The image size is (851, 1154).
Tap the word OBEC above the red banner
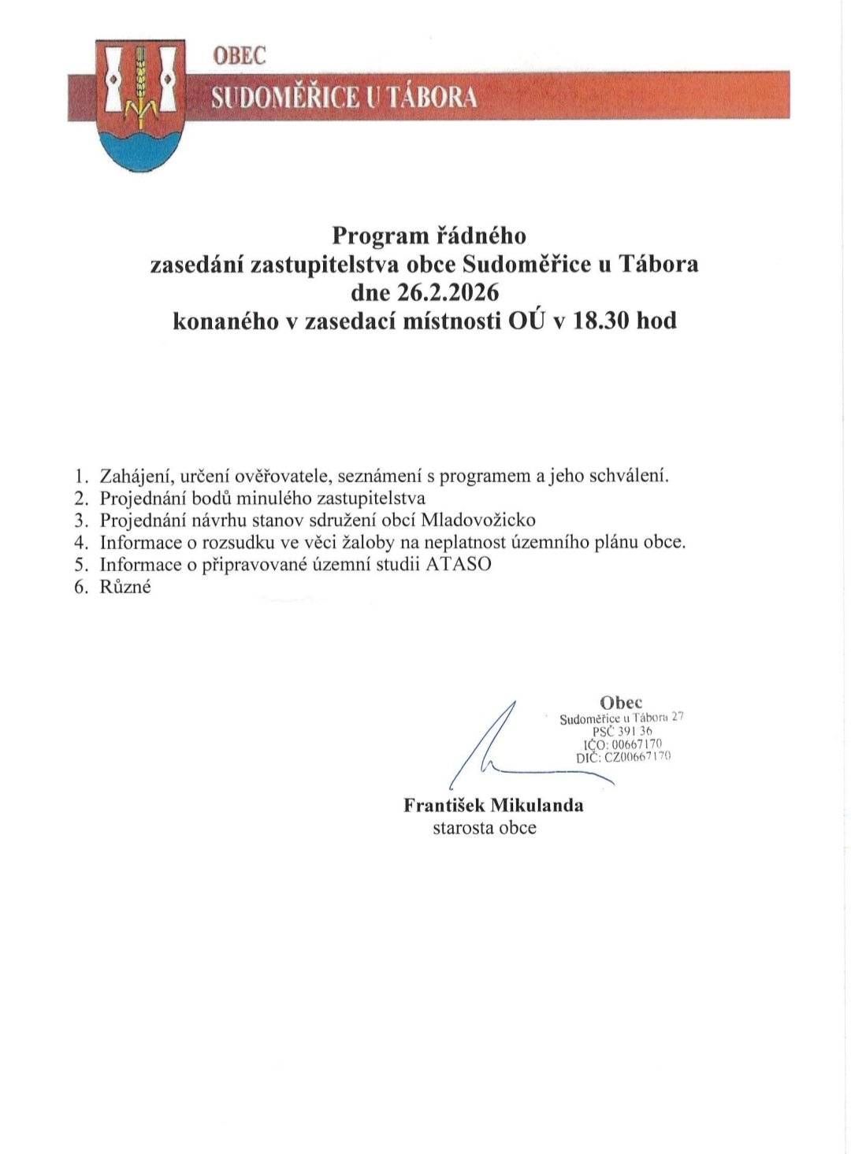(240, 55)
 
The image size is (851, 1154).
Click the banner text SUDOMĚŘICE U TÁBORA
(344, 97)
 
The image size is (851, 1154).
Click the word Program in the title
(381, 236)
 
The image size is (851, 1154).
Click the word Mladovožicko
(478, 521)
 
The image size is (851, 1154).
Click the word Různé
(125, 587)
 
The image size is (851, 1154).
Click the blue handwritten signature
(504, 748)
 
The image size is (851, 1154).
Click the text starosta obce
(484, 828)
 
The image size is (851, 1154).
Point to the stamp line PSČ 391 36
(622, 731)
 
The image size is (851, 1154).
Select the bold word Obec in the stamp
(621, 703)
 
